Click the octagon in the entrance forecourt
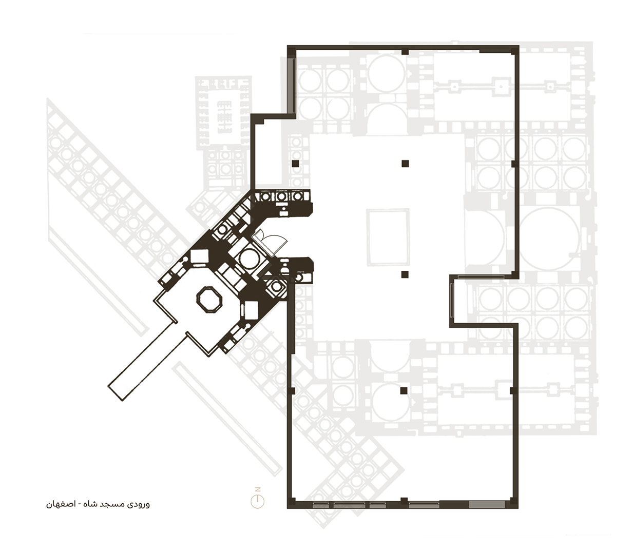coord(210,300)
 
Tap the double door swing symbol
coord(270,241)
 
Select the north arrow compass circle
coord(258,501)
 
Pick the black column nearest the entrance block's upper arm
coord(295,164)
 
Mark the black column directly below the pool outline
coord(405,274)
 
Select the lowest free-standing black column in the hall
coord(404,391)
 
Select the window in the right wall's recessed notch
coord(452,301)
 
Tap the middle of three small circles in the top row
coord(281,196)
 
